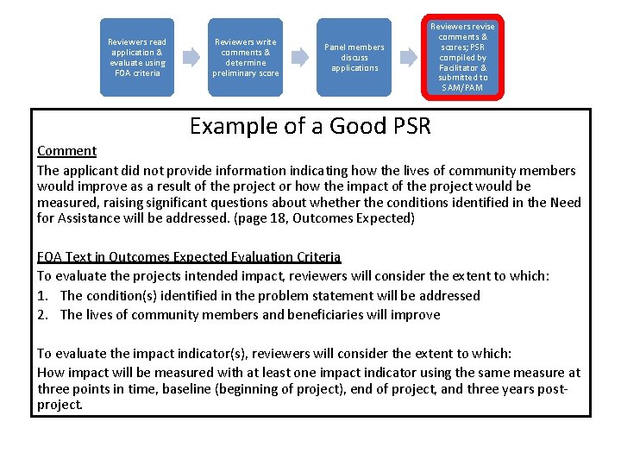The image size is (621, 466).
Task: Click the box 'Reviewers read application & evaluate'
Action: coord(136,57)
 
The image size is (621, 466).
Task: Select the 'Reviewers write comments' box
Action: coord(246,57)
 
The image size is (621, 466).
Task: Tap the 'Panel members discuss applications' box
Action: coord(354,57)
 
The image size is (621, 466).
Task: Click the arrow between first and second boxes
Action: coord(191,57)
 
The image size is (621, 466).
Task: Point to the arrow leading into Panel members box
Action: coord(300,57)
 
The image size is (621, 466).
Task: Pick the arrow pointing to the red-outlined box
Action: coord(408,57)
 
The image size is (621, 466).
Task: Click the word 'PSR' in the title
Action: coord(405,127)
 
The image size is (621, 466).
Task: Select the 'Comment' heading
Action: coord(66,151)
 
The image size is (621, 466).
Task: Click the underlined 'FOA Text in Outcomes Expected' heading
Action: coord(189,257)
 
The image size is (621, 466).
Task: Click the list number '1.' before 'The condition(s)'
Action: coord(44,295)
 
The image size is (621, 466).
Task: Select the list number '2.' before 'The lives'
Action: coord(44,314)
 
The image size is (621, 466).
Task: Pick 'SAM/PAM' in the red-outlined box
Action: coord(463,87)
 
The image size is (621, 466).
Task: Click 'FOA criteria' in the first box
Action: coord(136,72)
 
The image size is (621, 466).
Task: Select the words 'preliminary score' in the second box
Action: coord(246,72)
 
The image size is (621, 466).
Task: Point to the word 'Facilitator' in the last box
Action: coord(463,67)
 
